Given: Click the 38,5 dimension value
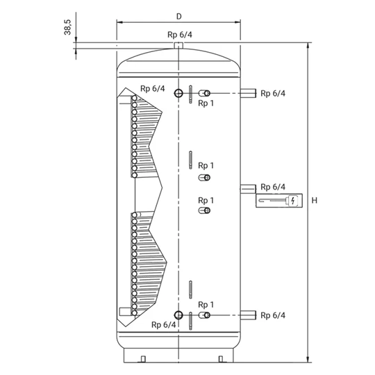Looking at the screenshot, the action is pos(68,27).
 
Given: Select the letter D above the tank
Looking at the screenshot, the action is pos(179,17).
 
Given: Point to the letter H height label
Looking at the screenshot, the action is pos(315,200).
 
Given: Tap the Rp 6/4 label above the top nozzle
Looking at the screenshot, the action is pos(180,35).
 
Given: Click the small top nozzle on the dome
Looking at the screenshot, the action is pos(178,45).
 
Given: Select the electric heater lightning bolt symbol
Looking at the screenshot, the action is pos(293,201).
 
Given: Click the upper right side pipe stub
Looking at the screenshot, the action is pos(248,93).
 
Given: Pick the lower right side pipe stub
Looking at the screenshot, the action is pos(248,315).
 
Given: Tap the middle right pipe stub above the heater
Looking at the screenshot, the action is pos(248,189).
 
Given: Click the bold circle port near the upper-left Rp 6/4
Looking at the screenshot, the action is pos(178,93).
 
